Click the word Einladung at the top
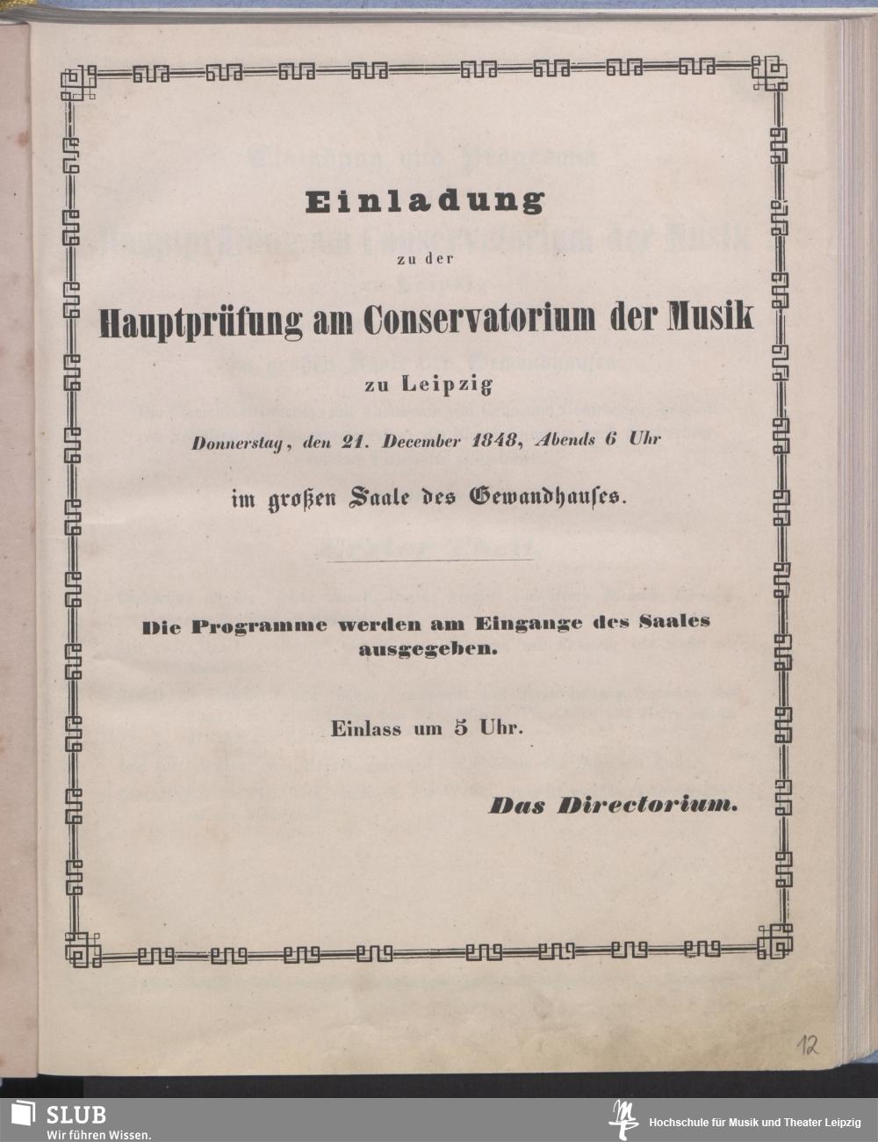(x=425, y=202)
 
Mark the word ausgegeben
(x=428, y=651)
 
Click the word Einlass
(x=366, y=729)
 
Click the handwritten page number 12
(x=809, y=1045)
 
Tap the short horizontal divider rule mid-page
(x=428, y=560)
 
